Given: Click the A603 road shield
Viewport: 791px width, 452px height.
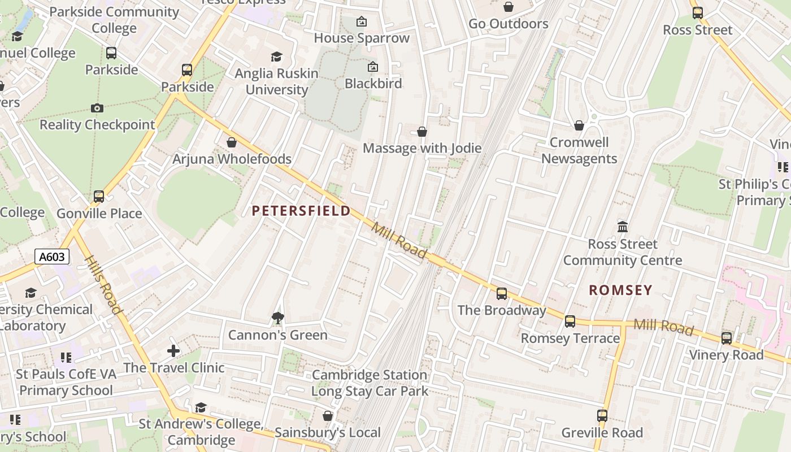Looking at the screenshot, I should pos(52,257).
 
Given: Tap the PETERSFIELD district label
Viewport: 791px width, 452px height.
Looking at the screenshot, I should pos(301,211).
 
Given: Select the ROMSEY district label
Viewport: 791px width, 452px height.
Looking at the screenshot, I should pos(620,290).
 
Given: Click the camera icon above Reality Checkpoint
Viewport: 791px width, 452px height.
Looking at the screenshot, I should pos(97,108).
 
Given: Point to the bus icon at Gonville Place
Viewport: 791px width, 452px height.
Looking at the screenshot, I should pos(99,197).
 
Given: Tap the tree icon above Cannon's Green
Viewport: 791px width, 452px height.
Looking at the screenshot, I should pos(277,318).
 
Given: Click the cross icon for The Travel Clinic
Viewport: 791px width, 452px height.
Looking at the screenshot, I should pos(173,351).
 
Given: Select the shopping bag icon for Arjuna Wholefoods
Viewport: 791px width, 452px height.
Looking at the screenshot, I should pos(231,142).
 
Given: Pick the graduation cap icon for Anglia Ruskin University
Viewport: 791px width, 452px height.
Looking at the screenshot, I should pos(276,56).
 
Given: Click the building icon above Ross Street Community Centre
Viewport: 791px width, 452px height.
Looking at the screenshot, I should pos(623,227).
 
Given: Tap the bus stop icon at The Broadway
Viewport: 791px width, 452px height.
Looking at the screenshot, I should pos(501,294).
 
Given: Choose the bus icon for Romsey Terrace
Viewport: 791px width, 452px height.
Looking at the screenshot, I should pos(570,321).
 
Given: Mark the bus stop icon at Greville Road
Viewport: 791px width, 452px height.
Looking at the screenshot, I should pos(602,416).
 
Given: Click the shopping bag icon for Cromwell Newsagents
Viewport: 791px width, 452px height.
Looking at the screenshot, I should pos(579,125).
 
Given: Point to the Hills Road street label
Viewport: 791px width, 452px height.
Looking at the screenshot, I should pos(103,285).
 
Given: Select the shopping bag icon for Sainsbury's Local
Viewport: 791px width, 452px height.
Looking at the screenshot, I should pos(327,416).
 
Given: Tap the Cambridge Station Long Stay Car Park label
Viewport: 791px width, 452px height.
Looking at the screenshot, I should pos(370,383).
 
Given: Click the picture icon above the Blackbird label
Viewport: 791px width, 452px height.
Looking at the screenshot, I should pos(373,67).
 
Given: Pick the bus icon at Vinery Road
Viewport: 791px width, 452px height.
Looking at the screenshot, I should pos(726,338).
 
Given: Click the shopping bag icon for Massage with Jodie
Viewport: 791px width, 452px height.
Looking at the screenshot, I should pos(421,132).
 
